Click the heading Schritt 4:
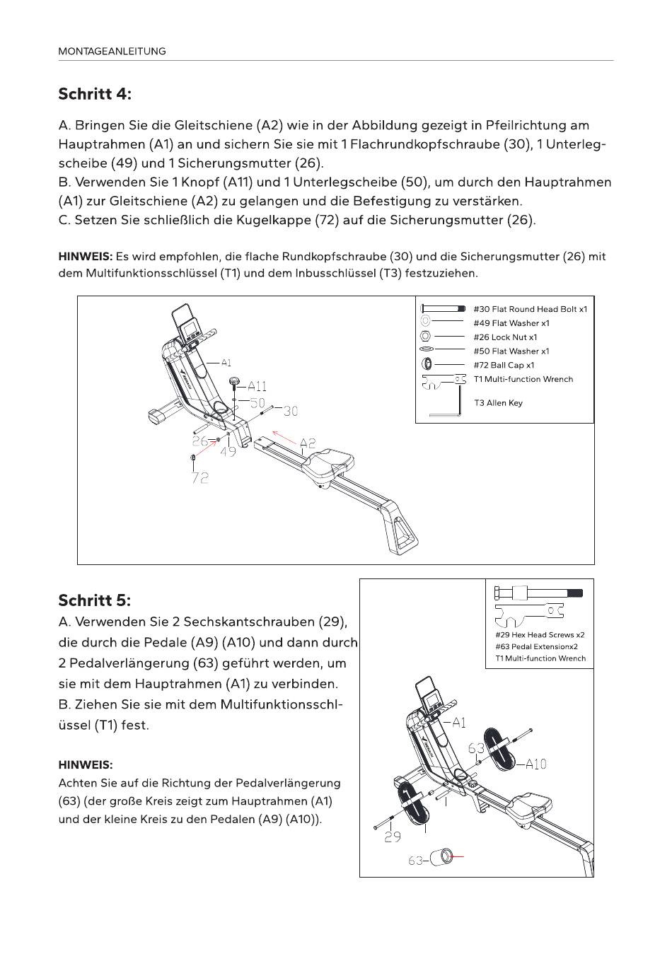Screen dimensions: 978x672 [95, 94]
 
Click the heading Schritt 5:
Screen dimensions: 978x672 [95, 600]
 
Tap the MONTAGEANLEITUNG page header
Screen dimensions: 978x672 [112, 51]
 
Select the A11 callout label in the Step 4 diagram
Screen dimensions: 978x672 [257, 386]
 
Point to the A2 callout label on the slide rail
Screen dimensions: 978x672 [308, 443]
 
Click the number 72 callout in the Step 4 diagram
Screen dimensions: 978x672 [200, 478]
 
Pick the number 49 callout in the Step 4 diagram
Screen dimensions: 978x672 [228, 451]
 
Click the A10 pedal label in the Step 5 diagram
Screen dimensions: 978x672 [535, 764]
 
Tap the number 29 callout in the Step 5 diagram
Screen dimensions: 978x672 [393, 837]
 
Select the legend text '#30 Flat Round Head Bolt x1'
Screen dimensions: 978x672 [530, 309]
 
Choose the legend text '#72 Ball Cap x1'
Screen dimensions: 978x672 [504, 365]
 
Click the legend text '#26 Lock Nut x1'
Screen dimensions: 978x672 [505, 337]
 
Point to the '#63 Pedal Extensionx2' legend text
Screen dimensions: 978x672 [536, 646]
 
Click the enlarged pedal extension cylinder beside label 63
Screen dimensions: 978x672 [443, 857]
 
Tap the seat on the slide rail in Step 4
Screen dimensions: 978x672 [329, 461]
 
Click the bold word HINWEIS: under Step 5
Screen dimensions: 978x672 [86, 765]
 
